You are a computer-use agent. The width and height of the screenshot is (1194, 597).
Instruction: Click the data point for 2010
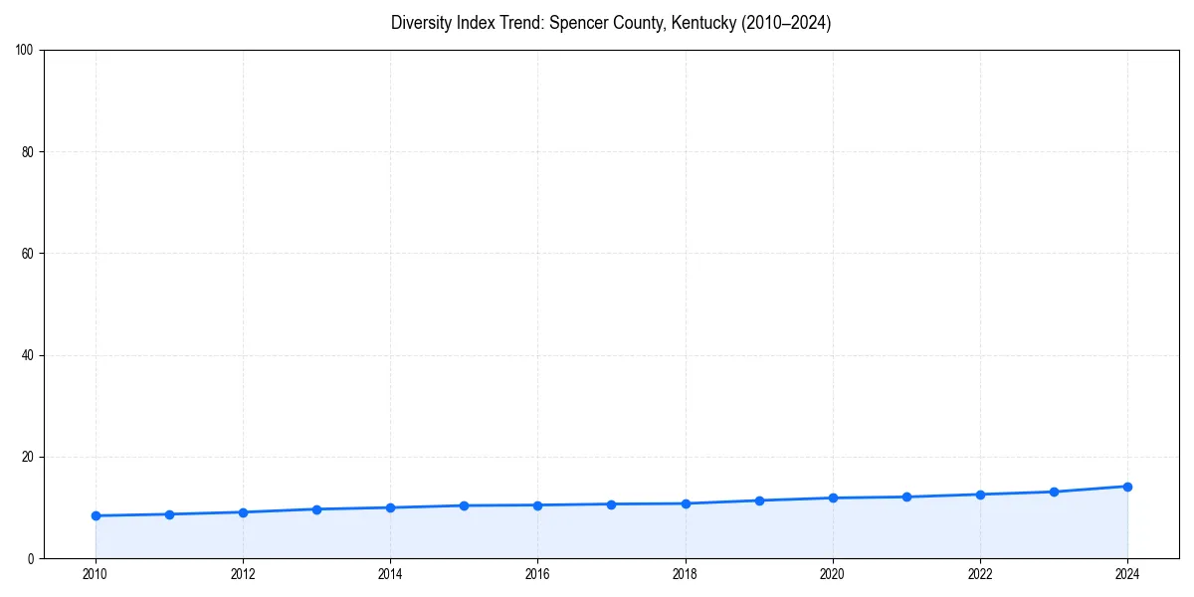click(x=96, y=515)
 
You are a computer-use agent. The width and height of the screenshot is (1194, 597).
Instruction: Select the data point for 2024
click(x=1127, y=487)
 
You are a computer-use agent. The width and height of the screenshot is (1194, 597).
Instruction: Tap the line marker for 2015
click(x=464, y=505)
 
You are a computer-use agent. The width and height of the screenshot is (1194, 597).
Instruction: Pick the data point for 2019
click(x=759, y=500)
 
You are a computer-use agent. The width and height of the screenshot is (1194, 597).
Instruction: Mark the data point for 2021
click(x=906, y=497)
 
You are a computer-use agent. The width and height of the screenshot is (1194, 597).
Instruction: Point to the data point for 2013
click(x=316, y=509)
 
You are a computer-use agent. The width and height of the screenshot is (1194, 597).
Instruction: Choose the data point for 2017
click(x=611, y=504)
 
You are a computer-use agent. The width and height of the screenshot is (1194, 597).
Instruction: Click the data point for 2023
click(x=1054, y=492)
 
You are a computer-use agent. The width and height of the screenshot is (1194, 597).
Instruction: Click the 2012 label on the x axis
click(x=243, y=574)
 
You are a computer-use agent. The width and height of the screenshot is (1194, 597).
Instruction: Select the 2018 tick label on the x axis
click(x=685, y=574)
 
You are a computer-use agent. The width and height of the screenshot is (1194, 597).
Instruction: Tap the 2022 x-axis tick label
click(x=980, y=574)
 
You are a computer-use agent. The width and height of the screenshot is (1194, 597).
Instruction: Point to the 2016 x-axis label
click(x=537, y=574)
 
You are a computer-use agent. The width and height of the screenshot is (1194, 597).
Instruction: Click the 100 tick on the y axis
click(x=25, y=51)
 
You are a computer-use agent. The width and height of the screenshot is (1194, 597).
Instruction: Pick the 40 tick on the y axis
click(x=28, y=355)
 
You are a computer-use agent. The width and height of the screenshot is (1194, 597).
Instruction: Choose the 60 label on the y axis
click(x=28, y=254)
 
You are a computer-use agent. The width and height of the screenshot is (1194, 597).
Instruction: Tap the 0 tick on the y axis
click(x=31, y=558)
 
